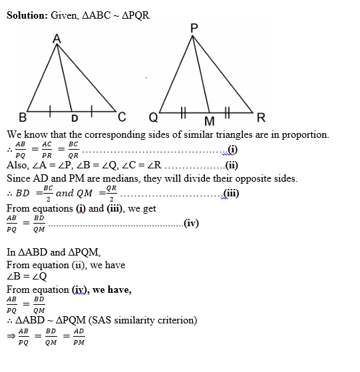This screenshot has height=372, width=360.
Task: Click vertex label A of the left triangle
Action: pyautogui.click(x=57, y=39)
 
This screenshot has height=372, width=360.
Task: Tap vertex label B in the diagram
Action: pyautogui.click(x=23, y=118)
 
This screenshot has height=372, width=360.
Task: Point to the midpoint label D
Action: pyautogui.click(x=75, y=119)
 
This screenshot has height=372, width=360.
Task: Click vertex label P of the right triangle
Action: pyautogui.click(x=193, y=28)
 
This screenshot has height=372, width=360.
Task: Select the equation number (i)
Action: pyautogui.click(x=232, y=148)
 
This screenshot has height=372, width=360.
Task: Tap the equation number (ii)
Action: pyautogui.click(x=232, y=165)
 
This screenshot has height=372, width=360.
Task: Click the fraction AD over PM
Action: pyautogui.click(x=79, y=337)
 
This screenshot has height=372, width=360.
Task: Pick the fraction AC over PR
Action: pyautogui.click(x=47, y=149)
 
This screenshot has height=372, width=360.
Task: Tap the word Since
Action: pyautogui.click(x=19, y=178)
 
